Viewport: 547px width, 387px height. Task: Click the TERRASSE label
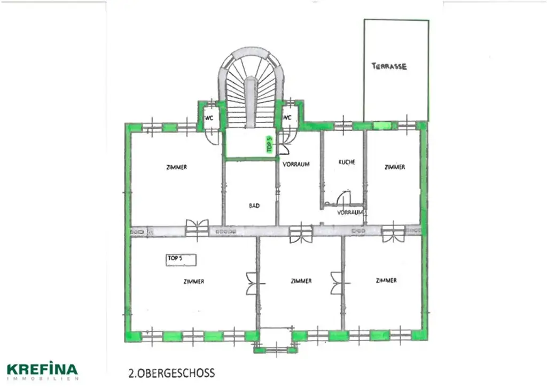point(389,66)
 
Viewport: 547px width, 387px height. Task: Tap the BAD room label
point(254,205)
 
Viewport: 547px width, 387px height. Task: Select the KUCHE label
point(347,162)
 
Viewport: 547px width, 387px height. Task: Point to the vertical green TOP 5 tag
point(270,145)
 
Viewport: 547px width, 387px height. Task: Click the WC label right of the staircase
point(287,118)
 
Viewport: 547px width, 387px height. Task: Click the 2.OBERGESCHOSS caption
point(171,372)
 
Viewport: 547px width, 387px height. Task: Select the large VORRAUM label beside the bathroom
point(296,164)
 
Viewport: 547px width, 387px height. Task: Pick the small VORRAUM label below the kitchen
point(350,212)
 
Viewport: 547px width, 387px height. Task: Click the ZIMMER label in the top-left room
point(176,167)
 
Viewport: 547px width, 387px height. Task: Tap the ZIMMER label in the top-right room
point(394,167)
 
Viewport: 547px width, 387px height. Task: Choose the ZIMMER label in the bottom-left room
point(193,282)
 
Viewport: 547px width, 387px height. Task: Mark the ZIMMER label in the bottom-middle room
point(301,281)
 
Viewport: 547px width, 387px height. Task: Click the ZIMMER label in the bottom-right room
point(386,280)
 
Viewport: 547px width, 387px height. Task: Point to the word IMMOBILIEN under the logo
point(42,378)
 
